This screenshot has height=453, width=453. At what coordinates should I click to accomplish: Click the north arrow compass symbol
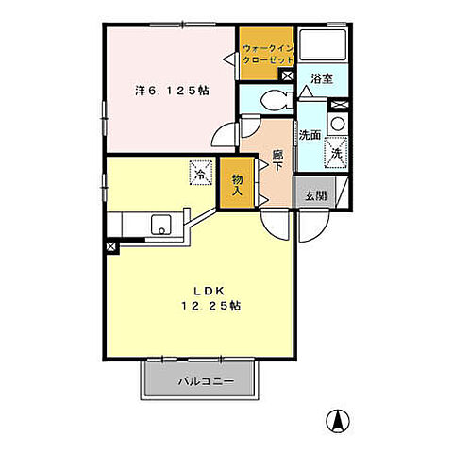click(338, 421)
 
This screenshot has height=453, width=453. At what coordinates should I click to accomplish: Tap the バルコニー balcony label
click(207, 382)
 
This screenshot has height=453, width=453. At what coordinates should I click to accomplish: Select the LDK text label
click(209, 291)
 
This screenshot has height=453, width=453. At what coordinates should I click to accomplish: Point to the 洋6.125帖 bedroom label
click(172, 91)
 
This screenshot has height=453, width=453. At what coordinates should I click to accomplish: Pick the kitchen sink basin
click(160, 225)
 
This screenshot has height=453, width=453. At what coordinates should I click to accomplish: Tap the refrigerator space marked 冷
click(201, 173)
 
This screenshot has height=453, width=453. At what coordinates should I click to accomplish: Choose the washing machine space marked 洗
click(336, 154)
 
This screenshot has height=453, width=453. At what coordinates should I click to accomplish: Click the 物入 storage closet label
click(237, 185)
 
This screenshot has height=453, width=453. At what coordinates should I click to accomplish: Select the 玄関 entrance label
click(316, 196)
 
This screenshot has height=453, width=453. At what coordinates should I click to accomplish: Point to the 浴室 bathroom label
click(322, 78)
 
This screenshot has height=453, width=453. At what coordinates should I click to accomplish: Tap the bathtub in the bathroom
click(323, 44)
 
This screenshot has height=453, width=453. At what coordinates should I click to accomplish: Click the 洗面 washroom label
click(310, 135)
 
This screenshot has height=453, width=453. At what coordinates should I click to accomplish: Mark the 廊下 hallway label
click(277, 160)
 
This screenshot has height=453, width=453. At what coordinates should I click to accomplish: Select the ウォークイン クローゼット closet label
click(268, 54)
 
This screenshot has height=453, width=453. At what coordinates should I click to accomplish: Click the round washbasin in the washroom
click(338, 124)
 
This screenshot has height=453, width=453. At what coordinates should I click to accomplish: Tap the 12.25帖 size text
click(211, 306)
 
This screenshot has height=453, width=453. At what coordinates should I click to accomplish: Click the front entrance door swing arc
click(314, 226)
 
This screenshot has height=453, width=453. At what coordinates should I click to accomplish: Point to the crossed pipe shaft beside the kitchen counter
click(111, 246)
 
